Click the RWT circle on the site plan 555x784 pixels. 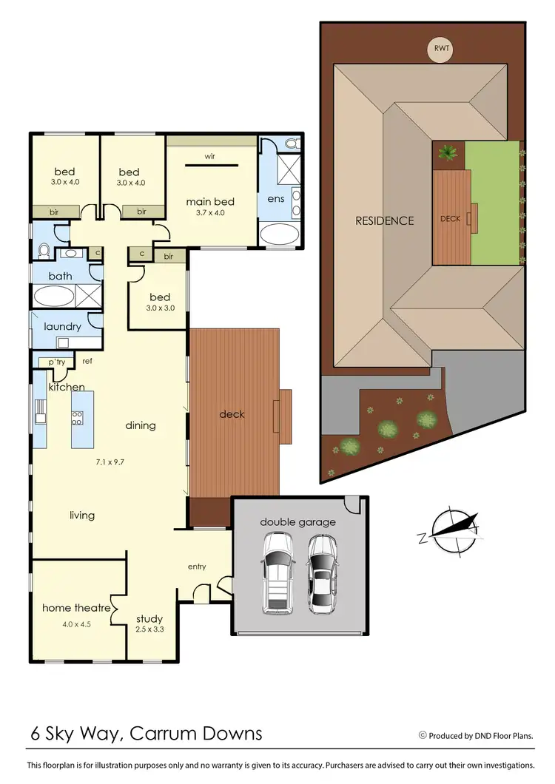pyautogui.click(x=443, y=50)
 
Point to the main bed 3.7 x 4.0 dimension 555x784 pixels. pyautogui.click(x=210, y=213)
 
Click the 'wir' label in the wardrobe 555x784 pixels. pyautogui.click(x=210, y=157)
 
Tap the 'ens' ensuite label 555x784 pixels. pyautogui.click(x=275, y=200)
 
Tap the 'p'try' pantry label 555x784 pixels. pyautogui.click(x=57, y=362)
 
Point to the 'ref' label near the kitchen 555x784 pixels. pyautogui.click(x=87, y=362)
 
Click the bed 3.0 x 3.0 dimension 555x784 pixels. pyautogui.click(x=160, y=308)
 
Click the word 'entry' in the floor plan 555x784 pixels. pyautogui.click(x=197, y=567)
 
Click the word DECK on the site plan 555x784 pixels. pyautogui.click(x=450, y=219)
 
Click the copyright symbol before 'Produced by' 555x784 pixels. pyautogui.click(x=423, y=735)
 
